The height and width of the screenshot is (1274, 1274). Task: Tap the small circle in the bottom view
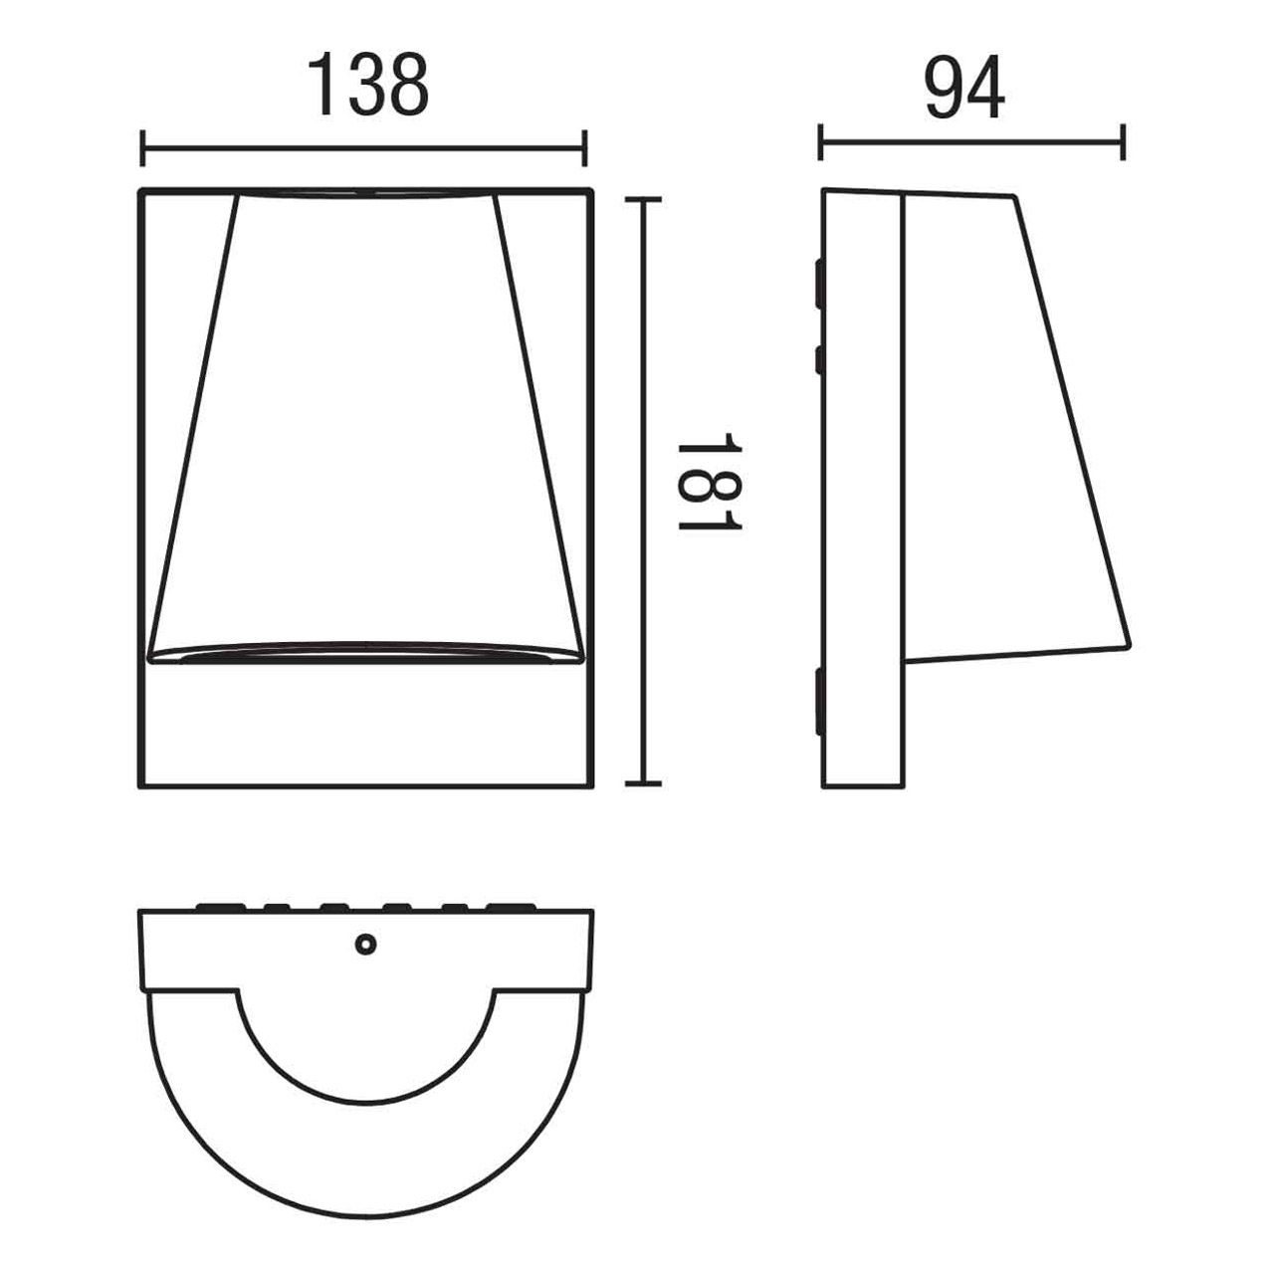click(x=366, y=945)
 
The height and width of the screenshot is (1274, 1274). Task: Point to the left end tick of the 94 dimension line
click(x=820, y=141)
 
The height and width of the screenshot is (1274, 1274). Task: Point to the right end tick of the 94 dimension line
click(x=1123, y=141)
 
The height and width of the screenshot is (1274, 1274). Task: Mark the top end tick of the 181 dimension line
click(x=643, y=200)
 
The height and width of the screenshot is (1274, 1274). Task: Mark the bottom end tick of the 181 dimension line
click(x=643, y=783)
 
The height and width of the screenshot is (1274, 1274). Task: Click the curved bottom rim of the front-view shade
click(x=364, y=652)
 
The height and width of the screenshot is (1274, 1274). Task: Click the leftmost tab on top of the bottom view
click(x=220, y=907)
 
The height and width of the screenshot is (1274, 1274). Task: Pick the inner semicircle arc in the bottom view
click(x=366, y=1065)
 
